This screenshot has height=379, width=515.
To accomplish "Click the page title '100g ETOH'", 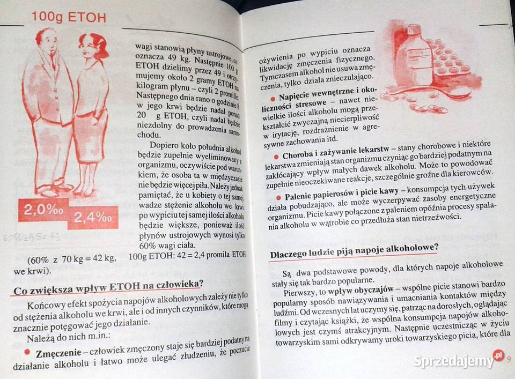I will click(x=68, y=17).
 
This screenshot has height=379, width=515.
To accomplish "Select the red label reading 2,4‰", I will click(x=93, y=218).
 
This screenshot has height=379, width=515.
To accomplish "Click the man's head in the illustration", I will click(x=47, y=41).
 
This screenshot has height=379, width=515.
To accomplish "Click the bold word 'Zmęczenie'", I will click(x=58, y=353).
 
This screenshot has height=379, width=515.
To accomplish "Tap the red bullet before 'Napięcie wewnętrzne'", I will click(x=273, y=99).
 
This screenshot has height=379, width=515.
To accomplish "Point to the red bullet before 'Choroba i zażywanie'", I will click(x=277, y=156).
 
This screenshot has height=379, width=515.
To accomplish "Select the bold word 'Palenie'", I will click(x=301, y=196).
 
